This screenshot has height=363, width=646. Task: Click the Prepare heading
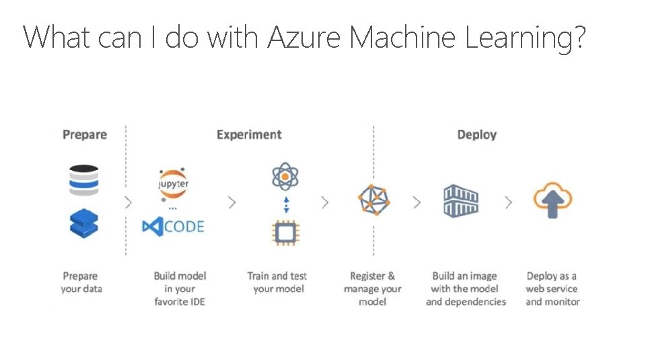tap(85, 134)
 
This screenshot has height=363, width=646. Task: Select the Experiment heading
tap(249, 134)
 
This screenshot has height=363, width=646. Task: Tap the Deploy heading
tap(476, 134)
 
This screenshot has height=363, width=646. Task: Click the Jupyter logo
tap(173, 184)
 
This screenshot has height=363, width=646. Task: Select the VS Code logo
tap(173, 227)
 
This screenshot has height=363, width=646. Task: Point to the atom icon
tap(285, 177)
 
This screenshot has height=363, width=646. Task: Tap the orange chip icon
tap(285, 233)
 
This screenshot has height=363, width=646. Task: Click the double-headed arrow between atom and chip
tap(286, 204)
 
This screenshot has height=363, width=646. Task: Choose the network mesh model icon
tap(373, 200)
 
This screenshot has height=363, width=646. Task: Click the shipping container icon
tap(461, 200)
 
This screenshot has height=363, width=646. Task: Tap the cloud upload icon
tap(552, 200)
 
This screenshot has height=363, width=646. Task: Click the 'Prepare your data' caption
tap(80, 282)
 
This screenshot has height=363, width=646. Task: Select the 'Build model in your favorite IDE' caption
tap(180, 288)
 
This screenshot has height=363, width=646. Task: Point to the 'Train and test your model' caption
tap(277, 282)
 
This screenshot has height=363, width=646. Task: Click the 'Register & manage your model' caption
tap(372, 288)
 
